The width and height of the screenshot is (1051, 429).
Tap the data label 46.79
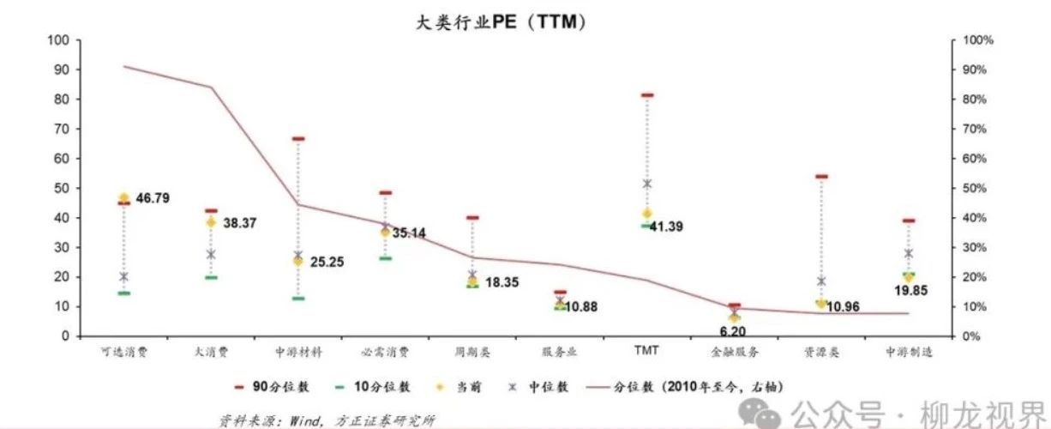pos(151,198)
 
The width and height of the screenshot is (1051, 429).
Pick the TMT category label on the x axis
pos(646,351)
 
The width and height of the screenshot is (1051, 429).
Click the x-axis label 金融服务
pos(734,352)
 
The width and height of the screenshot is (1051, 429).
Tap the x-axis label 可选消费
pos(124,352)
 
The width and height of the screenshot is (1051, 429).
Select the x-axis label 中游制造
pos(909,352)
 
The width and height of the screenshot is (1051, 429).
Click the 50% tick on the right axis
pos(978,188)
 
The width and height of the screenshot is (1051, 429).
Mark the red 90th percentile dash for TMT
pos(647,95)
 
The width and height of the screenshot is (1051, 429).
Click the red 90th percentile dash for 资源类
pos(821,177)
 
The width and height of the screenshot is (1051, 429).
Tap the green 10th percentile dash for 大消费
pos(211,277)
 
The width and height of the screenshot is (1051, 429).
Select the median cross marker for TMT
pos(647,184)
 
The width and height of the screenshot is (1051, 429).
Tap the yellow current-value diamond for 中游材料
pos(298,261)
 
